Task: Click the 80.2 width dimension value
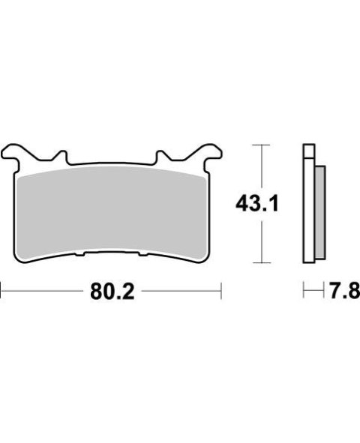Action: click(x=111, y=291)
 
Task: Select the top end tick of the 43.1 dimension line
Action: click(x=259, y=144)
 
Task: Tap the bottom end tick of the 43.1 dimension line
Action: click(x=259, y=262)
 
